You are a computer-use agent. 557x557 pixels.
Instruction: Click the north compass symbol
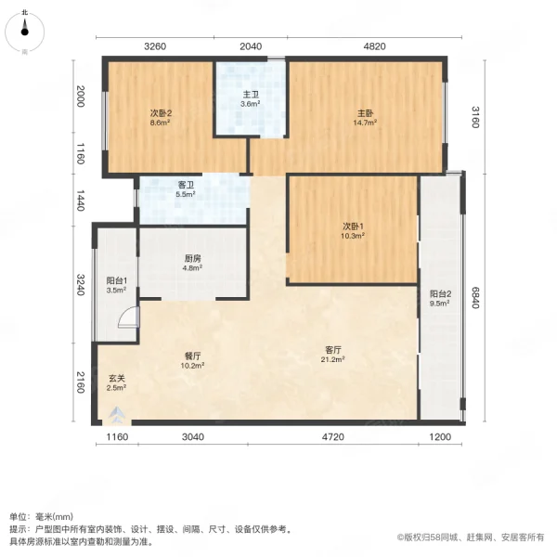25,28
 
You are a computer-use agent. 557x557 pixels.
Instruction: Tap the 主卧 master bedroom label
363,114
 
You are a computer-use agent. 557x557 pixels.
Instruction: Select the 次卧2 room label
162,114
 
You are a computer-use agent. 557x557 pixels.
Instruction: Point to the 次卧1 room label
350,227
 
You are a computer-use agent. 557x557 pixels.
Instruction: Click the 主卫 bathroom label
250,95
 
